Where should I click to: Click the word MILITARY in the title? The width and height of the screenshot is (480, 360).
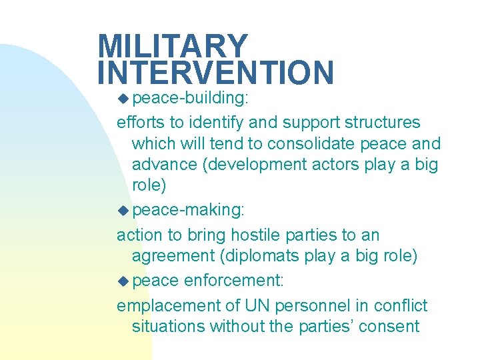[x=172, y=47]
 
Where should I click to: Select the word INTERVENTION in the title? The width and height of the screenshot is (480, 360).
[x=215, y=73]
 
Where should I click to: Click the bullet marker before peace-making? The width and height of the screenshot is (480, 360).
[x=123, y=211]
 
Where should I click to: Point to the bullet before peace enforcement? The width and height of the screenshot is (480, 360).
[x=123, y=281]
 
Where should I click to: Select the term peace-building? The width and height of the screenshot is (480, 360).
[x=191, y=99]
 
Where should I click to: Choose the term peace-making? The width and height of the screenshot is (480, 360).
[x=189, y=211]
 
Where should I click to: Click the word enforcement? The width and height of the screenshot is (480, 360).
[x=233, y=281]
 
